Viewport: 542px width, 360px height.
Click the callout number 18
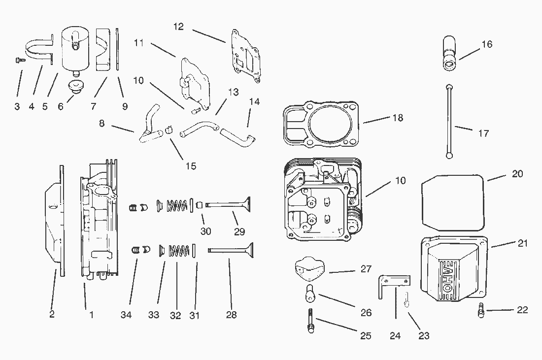pos(398,118)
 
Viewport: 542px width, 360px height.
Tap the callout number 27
pos(366,269)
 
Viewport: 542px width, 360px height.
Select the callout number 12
pos(178,27)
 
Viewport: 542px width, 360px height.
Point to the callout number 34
pos(126,315)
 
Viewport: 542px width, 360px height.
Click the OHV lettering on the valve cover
pos(447,276)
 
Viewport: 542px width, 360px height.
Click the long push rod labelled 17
pos(449,121)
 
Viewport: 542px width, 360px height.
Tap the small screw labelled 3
pos(20,61)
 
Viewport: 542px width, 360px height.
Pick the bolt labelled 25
pos(310,320)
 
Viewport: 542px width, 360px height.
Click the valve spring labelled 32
pos(179,251)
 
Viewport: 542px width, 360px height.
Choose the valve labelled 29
pos(228,204)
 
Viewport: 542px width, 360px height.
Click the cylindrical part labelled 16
pos(449,54)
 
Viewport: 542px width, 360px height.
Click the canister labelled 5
pos(75,50)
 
